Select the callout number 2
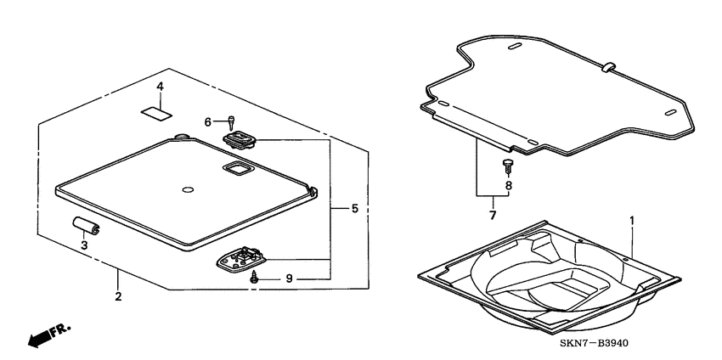[118, 296]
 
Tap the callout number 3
[84, 245]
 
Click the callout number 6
[206, 122]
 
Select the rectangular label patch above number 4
[156, 110]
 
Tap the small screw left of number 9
[252, 277]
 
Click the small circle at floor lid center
[188, 188]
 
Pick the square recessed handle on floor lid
[234, 169]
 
